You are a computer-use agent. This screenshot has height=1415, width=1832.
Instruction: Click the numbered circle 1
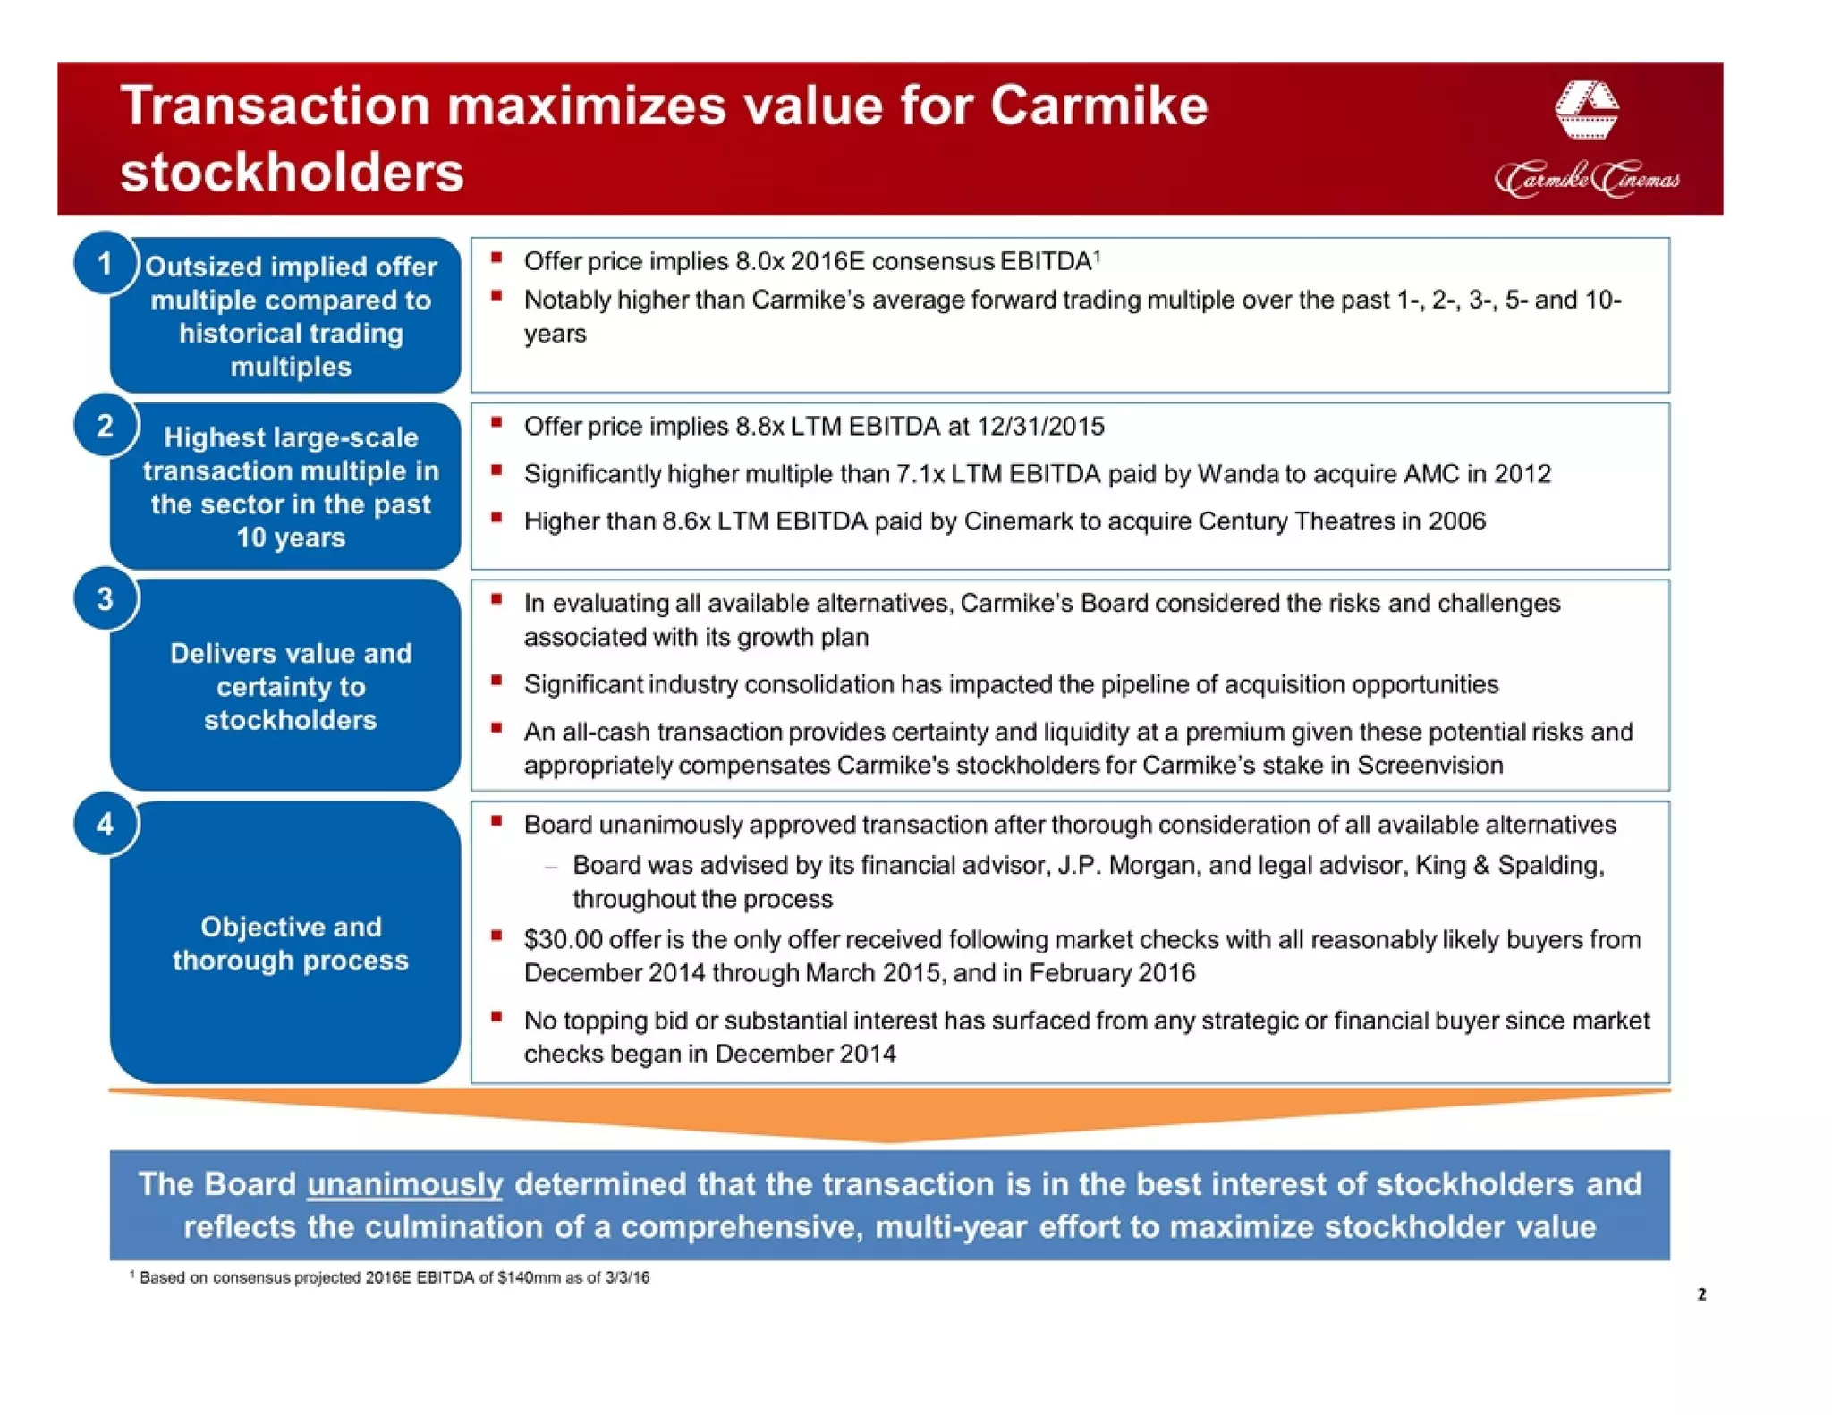click(x=106, y=264)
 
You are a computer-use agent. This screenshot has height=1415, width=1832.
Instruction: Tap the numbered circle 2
click(x=106, y=426)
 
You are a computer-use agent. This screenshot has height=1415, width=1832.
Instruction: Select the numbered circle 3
click(x=106, y=599)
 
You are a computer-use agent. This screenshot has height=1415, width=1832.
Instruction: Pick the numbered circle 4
click(x=106, y=824)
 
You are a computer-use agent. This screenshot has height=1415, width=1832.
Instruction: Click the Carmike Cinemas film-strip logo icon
click(x=1586, y=110)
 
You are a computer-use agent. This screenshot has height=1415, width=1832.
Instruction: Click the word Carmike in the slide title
click(x=1098, y=106)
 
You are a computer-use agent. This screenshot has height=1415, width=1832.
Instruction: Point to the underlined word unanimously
click(x=404, y=1183)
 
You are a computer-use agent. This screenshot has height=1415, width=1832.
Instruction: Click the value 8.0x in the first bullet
click(x=759, y=261)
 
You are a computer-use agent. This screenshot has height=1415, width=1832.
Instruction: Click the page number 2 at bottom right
click(x=1701, y=1294)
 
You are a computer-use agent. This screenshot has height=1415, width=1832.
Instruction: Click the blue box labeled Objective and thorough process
click(x=290, y=944)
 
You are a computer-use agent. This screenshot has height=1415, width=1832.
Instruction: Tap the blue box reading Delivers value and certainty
click(x=290, y=687)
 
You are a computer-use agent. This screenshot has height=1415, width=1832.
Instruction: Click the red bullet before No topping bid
click(x=496, y=1017)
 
